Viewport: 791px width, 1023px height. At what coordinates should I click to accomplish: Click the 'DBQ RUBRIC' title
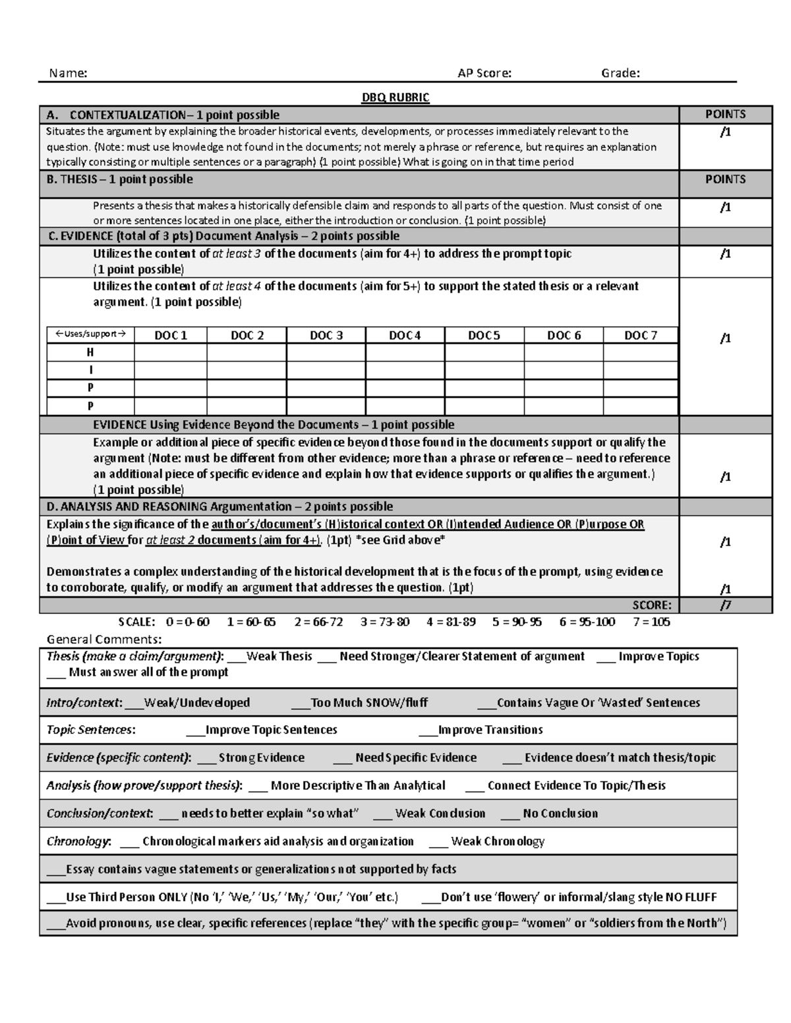click(x=395, y=97)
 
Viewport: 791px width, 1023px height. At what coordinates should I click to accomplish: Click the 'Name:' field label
click(x=68, y=73)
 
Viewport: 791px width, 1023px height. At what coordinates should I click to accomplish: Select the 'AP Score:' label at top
click(x=484, y=73)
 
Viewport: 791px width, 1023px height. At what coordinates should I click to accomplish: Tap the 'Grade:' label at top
click(x=620, y=73)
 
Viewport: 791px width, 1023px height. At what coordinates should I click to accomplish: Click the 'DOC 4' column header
click(x=405, y=335)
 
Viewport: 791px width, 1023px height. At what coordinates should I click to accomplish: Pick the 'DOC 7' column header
click(x=641, y=335)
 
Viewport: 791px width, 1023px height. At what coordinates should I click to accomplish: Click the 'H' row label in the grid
click(x=90, y=352)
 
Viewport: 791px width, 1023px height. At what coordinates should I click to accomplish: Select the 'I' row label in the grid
click(x=90, y=370)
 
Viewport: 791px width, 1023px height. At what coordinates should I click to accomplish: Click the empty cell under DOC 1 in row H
click(x=171, y=352)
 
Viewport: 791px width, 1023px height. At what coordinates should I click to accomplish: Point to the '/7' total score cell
click(x=725, y=605)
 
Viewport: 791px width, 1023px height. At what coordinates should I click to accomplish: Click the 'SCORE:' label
click(x=652, y=605)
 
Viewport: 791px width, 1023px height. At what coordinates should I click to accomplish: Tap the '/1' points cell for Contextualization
click(x=725, y=132)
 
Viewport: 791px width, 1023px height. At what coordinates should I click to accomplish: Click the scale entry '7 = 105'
click(x=651, y=622)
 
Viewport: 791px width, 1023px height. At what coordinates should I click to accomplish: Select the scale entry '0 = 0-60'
click(x=188, y=622)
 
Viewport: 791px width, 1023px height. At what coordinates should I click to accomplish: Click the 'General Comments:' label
click(x=103, y=639)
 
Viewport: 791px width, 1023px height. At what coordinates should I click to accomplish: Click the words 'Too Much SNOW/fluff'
click(x=369, y=703)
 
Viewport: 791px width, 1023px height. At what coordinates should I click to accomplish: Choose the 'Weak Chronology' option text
click(x=498, y=841)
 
